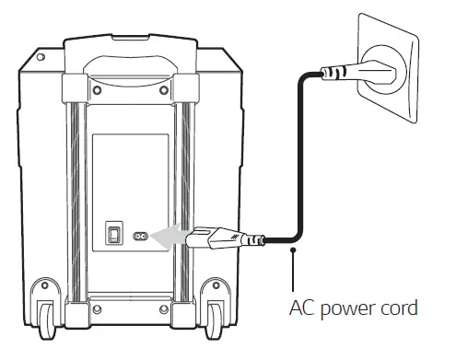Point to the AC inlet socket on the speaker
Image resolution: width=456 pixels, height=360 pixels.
(142, 236)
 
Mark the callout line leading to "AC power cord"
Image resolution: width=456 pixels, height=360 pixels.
(294, 272)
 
